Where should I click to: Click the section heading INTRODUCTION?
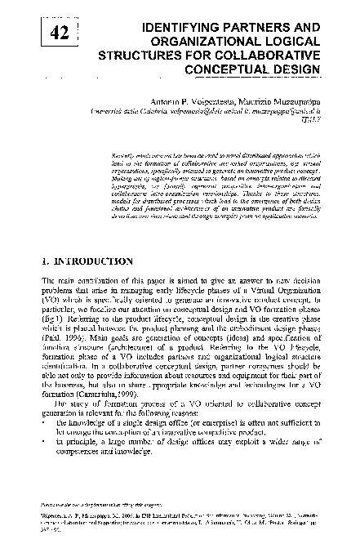[86, 262]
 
